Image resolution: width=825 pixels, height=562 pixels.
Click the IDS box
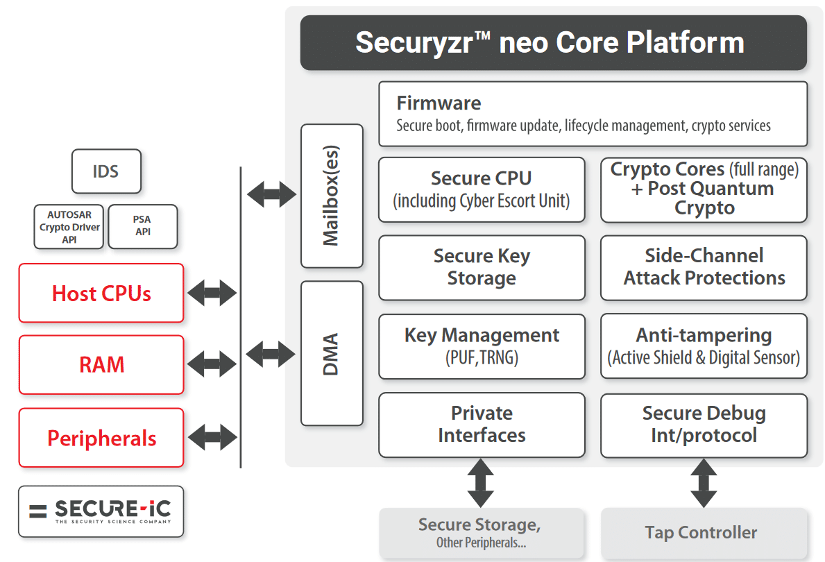(106, 171)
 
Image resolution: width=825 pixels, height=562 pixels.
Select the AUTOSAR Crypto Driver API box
(69, 227)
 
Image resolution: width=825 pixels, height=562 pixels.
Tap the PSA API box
(142, 227)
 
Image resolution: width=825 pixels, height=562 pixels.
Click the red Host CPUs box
(101, 293)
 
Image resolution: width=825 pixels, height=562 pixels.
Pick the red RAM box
(101, 365)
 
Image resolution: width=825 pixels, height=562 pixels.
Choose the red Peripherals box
(101, 438)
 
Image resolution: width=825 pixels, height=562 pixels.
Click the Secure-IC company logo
(101, 511)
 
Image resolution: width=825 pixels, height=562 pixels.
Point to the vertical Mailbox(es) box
(332, 196)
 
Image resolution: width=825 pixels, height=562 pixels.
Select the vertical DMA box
(332, 353)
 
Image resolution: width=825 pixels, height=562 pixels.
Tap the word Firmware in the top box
(439, 103)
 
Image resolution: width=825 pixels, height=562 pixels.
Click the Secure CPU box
(482, 189)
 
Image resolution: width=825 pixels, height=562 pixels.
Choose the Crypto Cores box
(704, 189)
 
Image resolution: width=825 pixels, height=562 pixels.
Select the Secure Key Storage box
(482, 268)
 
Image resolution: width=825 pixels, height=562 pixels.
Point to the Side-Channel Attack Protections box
(704, 268)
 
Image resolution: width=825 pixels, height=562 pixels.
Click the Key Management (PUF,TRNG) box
(482, 346)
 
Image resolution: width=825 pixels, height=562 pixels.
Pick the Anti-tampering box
(704, 346)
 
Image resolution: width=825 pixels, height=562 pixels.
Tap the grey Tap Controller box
(704, 534)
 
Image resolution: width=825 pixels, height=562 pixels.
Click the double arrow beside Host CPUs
(212, 293)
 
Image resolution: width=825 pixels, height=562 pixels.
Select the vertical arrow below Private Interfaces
(480, 483)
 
